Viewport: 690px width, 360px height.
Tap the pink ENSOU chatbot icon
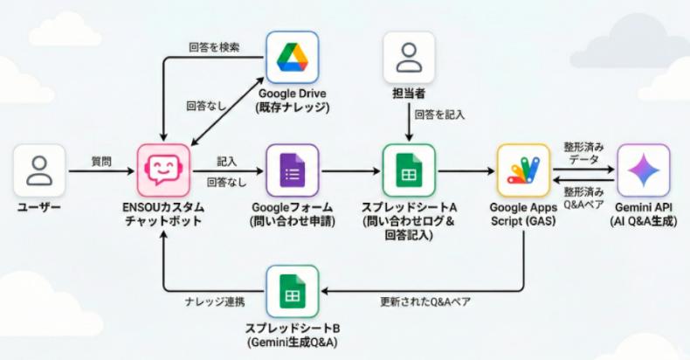pos(163,170)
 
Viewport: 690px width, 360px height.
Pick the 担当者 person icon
pos(408,58)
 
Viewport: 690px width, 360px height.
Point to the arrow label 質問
pos(101,161)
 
